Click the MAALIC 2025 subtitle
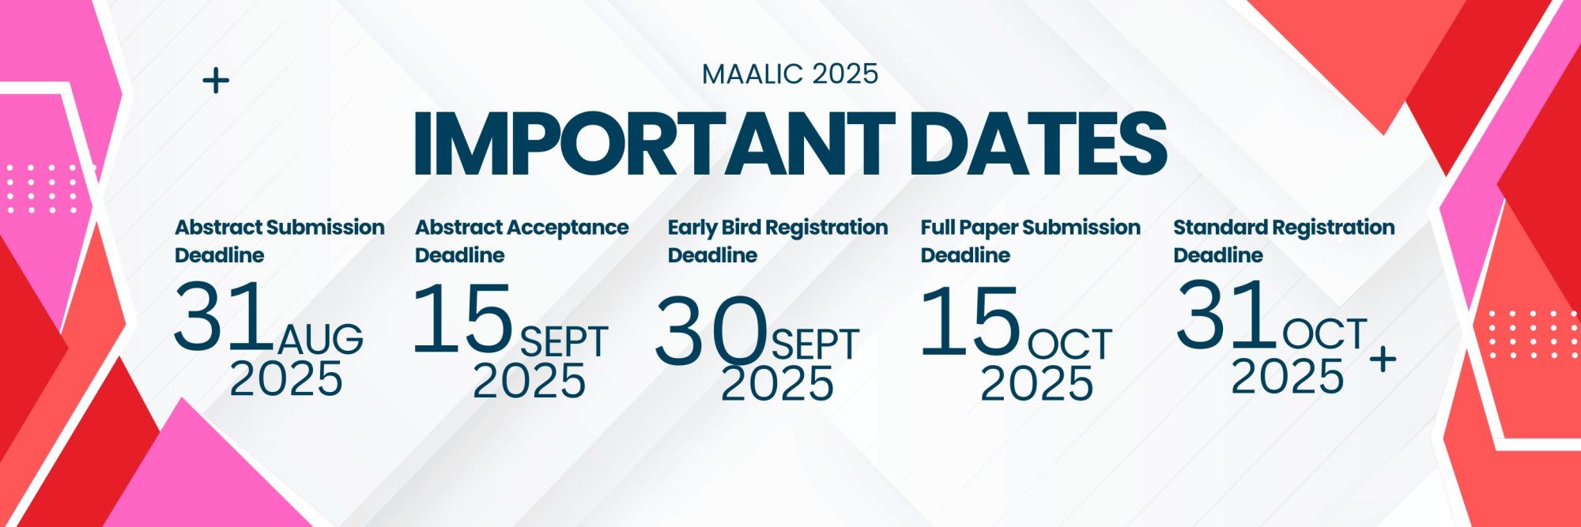tap(790, 74)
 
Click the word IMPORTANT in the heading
tap(654, 144)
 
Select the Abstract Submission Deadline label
tap(279, 241)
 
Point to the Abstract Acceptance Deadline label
tap(522, 241)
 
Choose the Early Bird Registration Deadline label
tap(778, 241)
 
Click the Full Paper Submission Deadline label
tap(1030, 241)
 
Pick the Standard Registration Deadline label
tap(1284, 241)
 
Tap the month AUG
tap(320, 338)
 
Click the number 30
tap(711, 331)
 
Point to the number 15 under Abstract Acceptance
tap(463, 318)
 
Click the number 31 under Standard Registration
tap(1225, 314)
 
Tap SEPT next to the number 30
tap(815, 344)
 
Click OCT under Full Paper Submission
tap(1070, 344)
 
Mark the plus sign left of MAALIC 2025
tap(216, 81)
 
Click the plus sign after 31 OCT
tap(1383, 359)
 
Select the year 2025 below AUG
tap(286, 378)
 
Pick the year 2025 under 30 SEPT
tap(777, 384)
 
